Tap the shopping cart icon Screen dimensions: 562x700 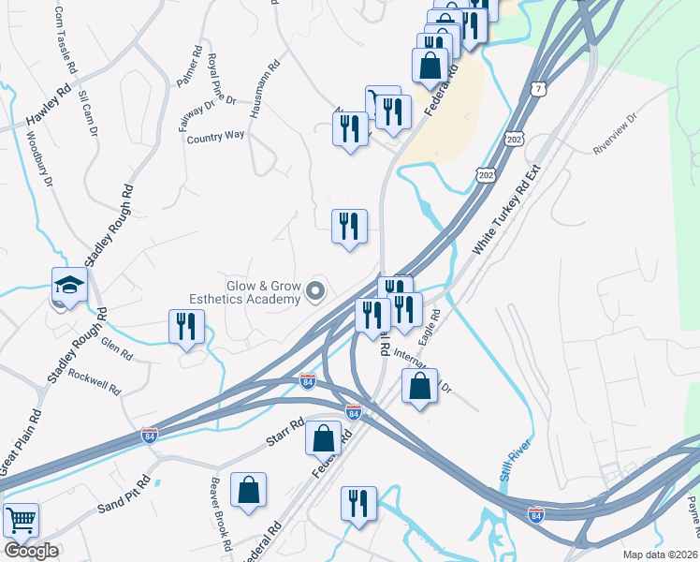click(21, 519)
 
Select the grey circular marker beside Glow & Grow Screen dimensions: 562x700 click(315, 293)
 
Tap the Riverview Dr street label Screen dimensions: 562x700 click(615, 135)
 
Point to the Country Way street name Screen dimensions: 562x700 click(215, 136)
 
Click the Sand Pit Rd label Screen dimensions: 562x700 click(124, 496)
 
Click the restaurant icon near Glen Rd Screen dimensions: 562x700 click(185, 326)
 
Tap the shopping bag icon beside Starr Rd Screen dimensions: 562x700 click(323, 437)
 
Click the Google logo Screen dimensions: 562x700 click(31, 551)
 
